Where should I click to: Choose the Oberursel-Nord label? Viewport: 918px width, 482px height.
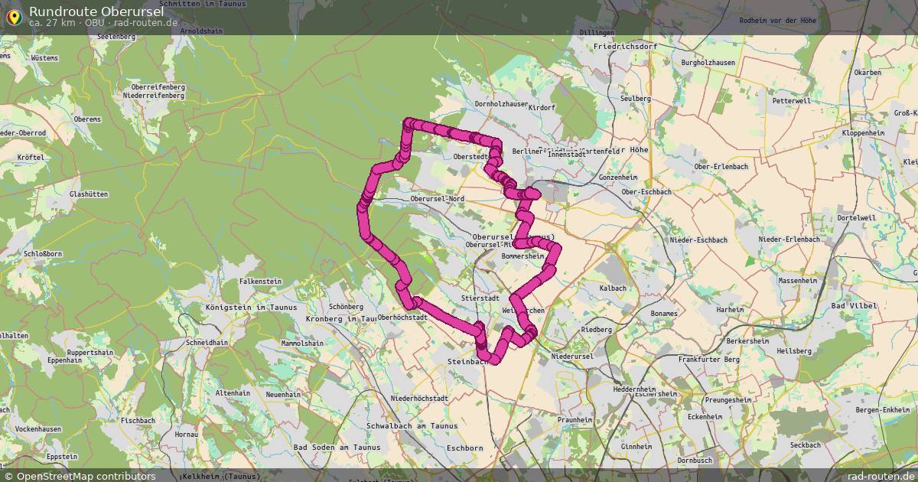coord(437,199)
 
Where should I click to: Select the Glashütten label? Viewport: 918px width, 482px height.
coord(88,194)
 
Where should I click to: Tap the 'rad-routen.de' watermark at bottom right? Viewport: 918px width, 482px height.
coord(881,476)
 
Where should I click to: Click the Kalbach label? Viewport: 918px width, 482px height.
coord(613,288)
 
